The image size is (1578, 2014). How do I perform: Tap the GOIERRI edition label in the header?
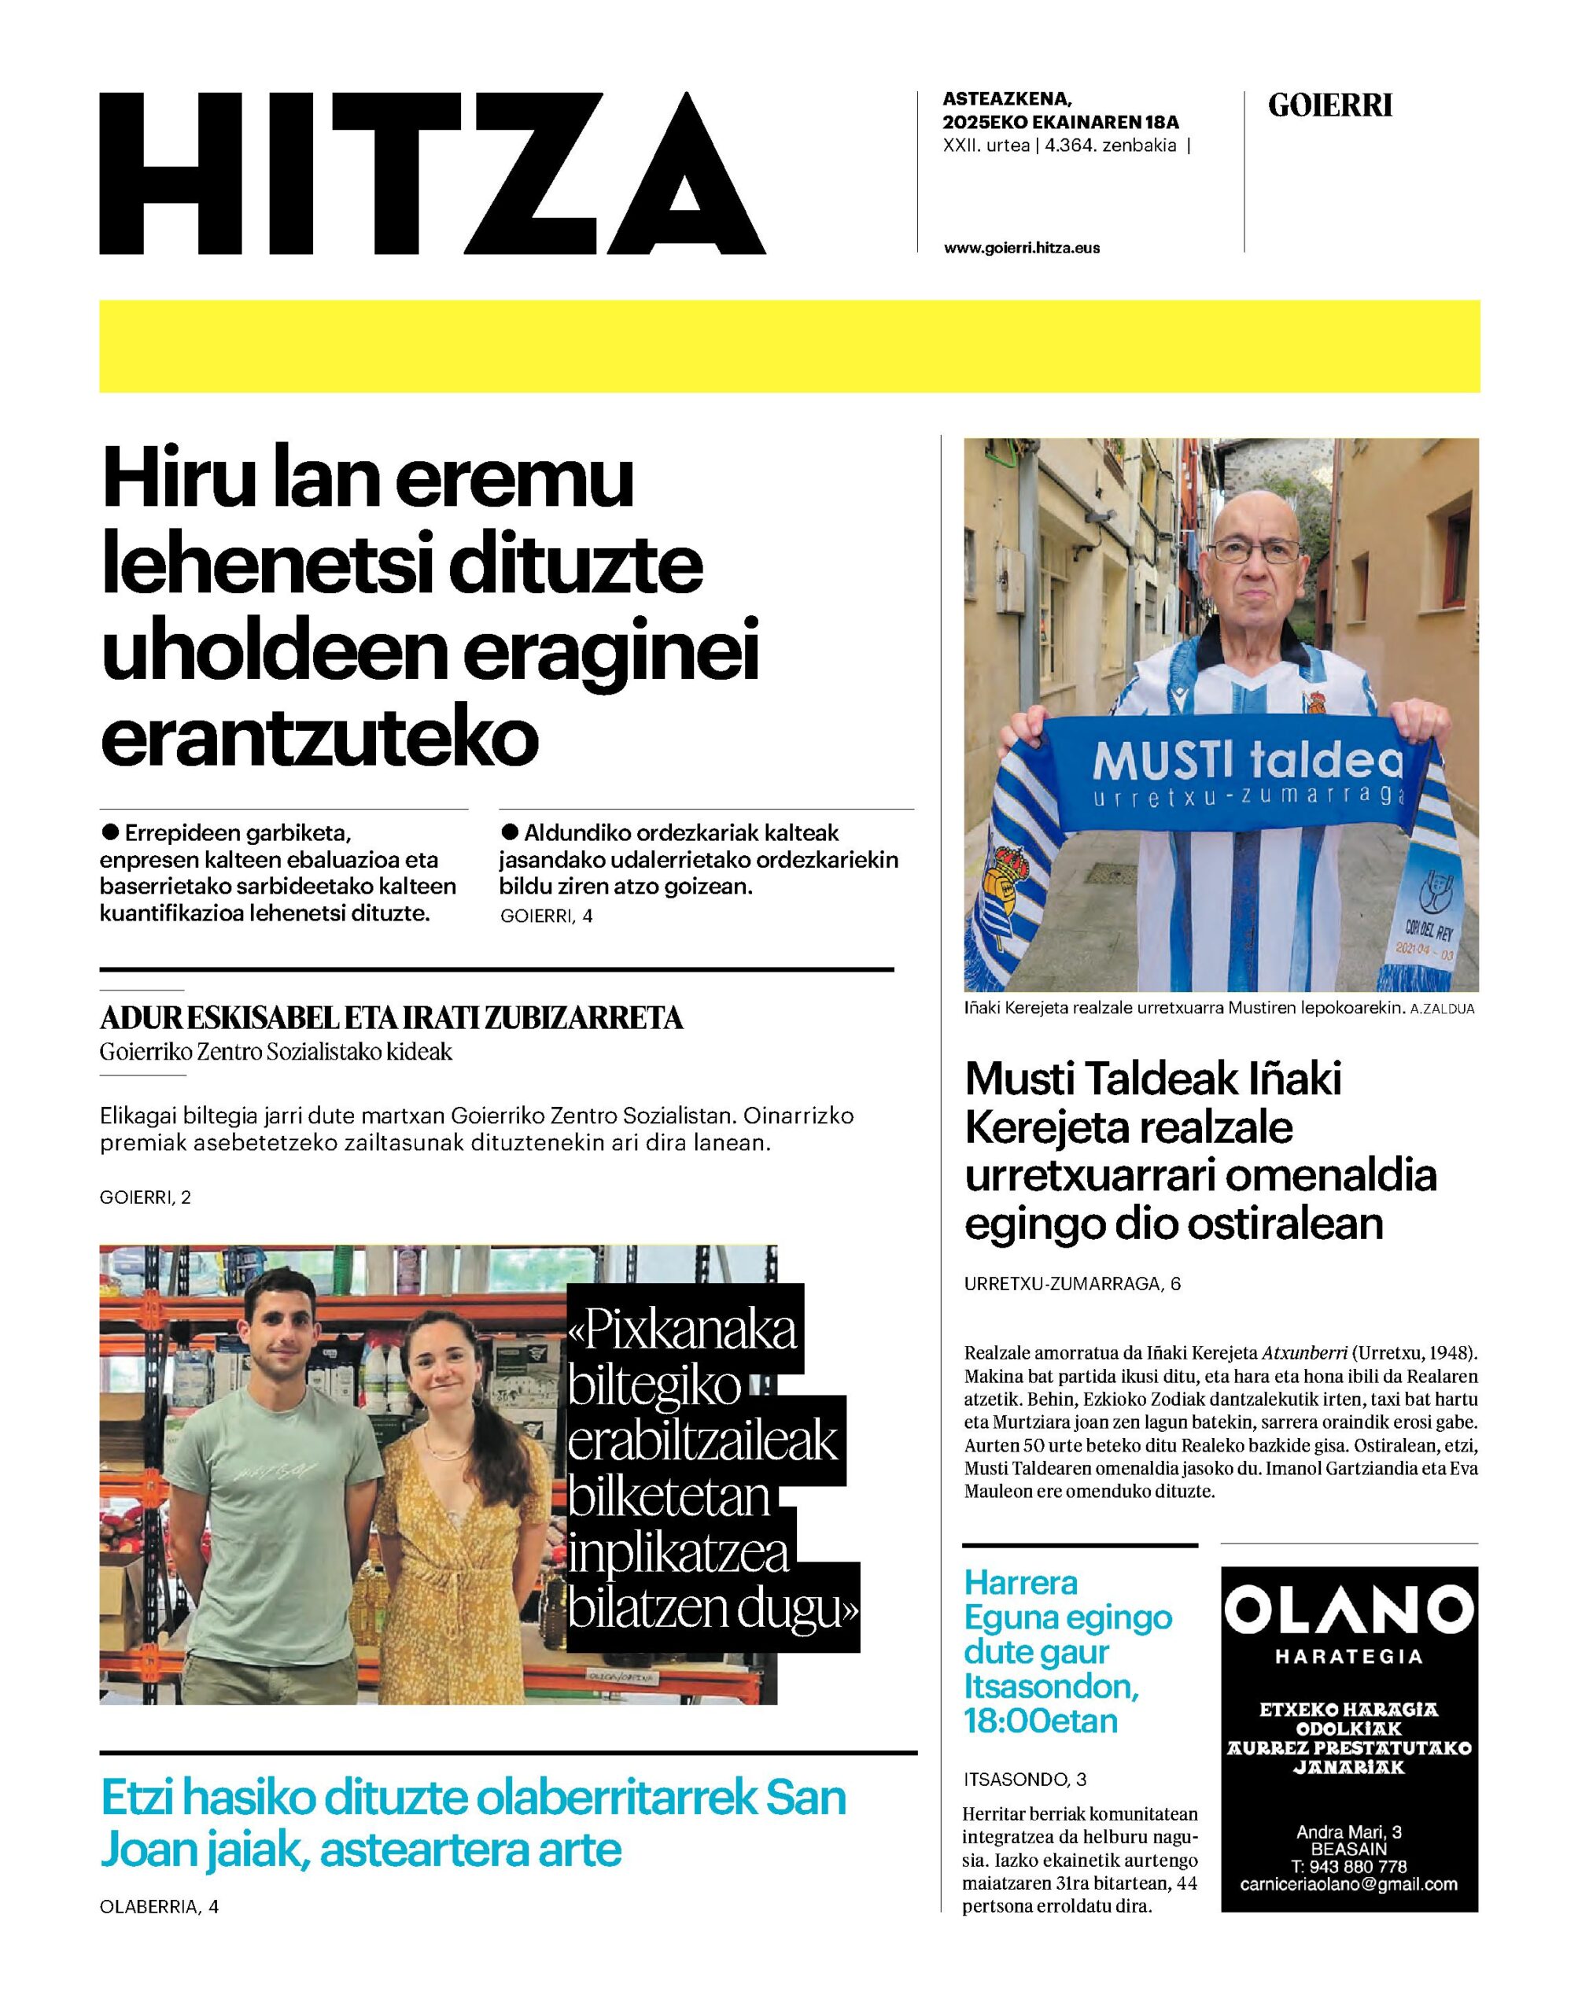(x=1329, y=107)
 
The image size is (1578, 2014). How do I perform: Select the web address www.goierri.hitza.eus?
(x=1022, y=248)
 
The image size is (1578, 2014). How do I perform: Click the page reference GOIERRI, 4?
(x=546, y=916)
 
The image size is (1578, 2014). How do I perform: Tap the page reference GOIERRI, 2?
(x=145, y=1197)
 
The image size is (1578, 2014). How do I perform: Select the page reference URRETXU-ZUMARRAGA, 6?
(x=1071, y=1283)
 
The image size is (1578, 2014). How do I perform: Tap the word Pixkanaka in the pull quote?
(x=684, y=1331)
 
